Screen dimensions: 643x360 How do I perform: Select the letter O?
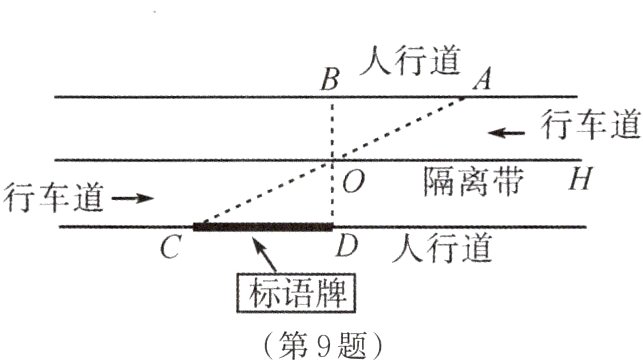350,181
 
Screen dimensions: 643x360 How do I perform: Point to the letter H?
577,180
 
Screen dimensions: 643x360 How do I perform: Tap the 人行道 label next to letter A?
412,62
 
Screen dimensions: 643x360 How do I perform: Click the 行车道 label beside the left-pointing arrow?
590,127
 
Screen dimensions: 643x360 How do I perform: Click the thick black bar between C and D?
262,227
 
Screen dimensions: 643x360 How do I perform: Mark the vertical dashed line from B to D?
331,130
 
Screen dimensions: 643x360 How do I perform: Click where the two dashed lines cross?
331,160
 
